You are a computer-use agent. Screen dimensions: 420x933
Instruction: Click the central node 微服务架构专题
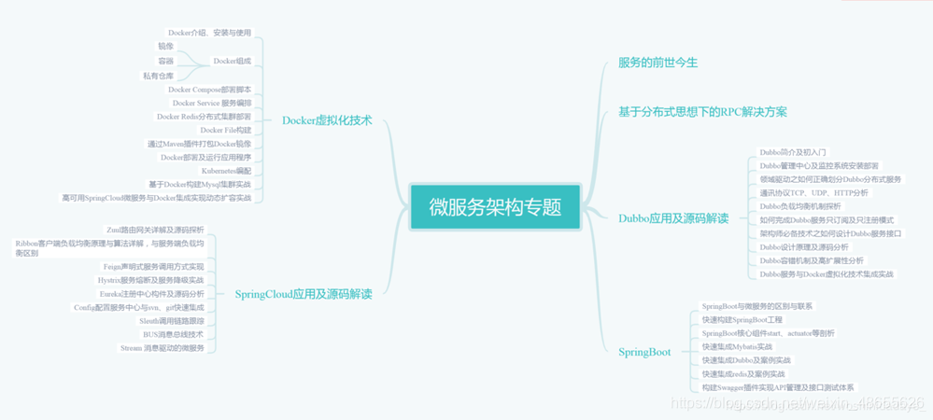[x=495, y=207]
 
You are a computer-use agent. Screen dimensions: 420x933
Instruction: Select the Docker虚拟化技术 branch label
[x=327, y=120]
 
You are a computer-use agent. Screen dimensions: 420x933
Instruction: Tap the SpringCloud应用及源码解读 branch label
[x=304, y=294]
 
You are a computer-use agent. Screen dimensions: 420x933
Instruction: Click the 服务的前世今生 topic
[x=657, y=63]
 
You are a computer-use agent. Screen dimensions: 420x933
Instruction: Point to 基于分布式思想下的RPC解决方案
[x=702, y=112]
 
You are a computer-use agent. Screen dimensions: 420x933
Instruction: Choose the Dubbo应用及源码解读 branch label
[x=673, y=218]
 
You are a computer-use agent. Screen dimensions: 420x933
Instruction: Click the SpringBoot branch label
[x=644, y=352]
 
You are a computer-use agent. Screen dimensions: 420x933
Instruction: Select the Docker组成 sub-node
[x=232, y=62]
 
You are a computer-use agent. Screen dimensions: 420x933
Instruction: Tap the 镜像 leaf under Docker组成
[x=165, y=46]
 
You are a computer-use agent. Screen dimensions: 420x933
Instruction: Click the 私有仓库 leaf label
[x=158, y=76]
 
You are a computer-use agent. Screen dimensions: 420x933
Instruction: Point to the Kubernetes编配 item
[x=226, y=171]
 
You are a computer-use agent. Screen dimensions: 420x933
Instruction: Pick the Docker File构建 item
[x=226, y=131]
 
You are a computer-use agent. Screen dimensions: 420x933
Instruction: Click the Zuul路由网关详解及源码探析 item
[x=156, y=229]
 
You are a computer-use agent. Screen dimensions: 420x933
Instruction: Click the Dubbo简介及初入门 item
[x=792, y=152]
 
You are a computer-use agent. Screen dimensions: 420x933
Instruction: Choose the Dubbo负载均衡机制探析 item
[x=799, y=206]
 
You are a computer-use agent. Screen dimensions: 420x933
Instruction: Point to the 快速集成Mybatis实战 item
[x=737, y=346]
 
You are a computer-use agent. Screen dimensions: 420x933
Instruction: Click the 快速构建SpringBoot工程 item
[x=742, y=319]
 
